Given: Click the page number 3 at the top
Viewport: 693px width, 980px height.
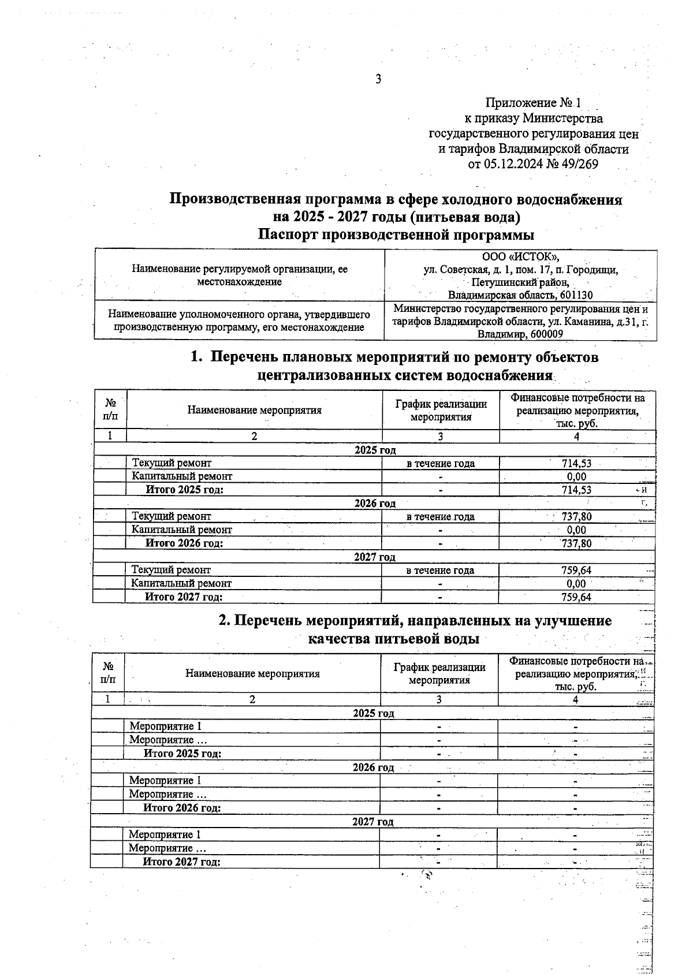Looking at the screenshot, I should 378,80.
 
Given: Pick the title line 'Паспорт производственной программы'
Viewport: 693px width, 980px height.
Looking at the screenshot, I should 396,235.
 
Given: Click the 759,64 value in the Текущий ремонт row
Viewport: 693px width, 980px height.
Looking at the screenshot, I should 576,571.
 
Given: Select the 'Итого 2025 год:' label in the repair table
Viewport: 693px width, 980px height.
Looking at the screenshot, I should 184,490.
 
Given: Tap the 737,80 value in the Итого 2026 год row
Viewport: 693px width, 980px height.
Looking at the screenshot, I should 576,543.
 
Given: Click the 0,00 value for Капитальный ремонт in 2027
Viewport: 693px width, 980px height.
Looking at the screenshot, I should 576,584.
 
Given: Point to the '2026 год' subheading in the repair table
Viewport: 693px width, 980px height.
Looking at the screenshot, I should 375,504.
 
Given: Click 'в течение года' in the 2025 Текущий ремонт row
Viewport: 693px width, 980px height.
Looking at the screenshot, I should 441,463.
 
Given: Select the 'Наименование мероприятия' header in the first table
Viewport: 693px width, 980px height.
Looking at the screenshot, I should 254,411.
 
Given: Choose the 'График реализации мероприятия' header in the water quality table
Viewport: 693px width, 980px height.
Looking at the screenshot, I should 439,673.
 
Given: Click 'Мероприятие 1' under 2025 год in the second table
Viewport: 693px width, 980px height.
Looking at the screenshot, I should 165,726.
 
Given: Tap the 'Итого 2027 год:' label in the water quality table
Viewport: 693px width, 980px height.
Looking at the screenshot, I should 182,862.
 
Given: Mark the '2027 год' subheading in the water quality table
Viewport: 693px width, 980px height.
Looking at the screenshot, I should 373,822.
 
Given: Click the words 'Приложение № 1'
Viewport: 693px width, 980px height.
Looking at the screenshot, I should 533,103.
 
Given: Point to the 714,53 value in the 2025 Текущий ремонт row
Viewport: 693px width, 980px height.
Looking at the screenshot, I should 576,463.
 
